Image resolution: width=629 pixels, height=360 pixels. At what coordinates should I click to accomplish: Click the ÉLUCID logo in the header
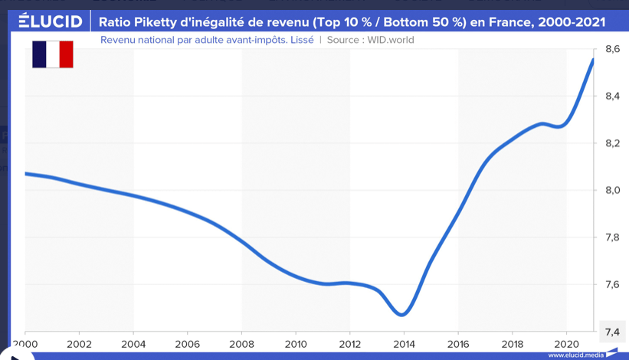coord(50,21)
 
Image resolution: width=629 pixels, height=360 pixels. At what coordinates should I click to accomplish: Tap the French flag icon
coord(52,54)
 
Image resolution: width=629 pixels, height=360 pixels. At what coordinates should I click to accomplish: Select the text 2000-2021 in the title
coord(572,22)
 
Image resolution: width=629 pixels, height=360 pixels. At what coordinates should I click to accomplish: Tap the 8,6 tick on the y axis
coord(612,49)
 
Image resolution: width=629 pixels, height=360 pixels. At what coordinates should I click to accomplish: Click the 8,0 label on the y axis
coord(612,191)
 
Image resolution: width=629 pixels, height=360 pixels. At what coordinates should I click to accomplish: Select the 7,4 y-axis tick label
coord(612,332)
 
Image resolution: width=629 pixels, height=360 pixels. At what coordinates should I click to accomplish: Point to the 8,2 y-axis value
coord(612,143)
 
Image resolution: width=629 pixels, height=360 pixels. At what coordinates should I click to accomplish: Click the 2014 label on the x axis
coord(404,345)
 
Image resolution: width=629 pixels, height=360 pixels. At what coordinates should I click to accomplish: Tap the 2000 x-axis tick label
coord(25,345)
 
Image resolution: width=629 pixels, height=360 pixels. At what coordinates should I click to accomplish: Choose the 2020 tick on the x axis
coord(566,345)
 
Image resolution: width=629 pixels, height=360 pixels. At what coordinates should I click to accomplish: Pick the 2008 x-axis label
coord(241,345)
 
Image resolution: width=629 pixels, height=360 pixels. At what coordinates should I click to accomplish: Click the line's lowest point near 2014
coord(402,314)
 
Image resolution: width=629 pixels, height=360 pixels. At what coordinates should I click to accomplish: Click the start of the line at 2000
coord(26,174)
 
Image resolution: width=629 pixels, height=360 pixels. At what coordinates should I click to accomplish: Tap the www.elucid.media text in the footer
coord(575,355)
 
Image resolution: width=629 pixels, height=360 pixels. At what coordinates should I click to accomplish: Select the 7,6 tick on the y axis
coord(612,285)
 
